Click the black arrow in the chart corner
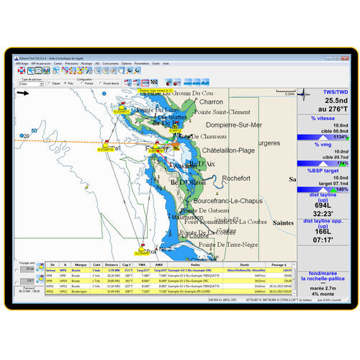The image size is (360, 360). pos(23,92)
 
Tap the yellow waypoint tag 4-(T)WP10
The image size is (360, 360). pos(106,150)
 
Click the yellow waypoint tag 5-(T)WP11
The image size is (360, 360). pos(122,112)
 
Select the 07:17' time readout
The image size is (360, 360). pos(323,239)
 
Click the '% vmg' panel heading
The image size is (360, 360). pos(323,144)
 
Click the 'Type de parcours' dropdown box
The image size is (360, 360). pos(30,84)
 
